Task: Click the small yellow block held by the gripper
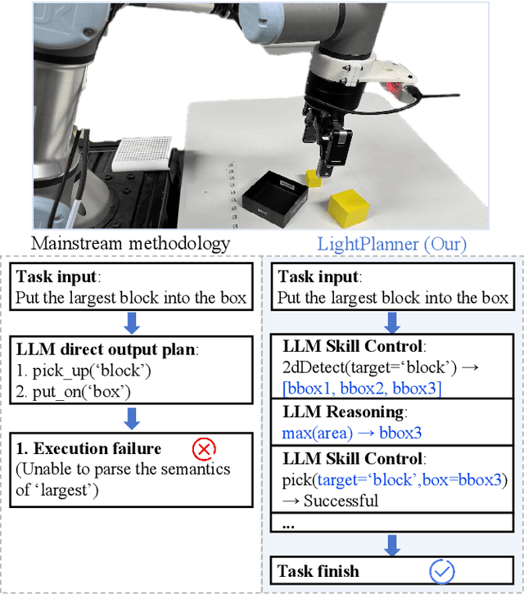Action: (314, 178)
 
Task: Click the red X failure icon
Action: (203, 448)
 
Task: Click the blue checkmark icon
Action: (442, 570)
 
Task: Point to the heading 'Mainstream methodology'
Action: (130, 243)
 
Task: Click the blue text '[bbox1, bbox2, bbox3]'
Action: (359, 387)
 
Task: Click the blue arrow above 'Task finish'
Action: (393, 542)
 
